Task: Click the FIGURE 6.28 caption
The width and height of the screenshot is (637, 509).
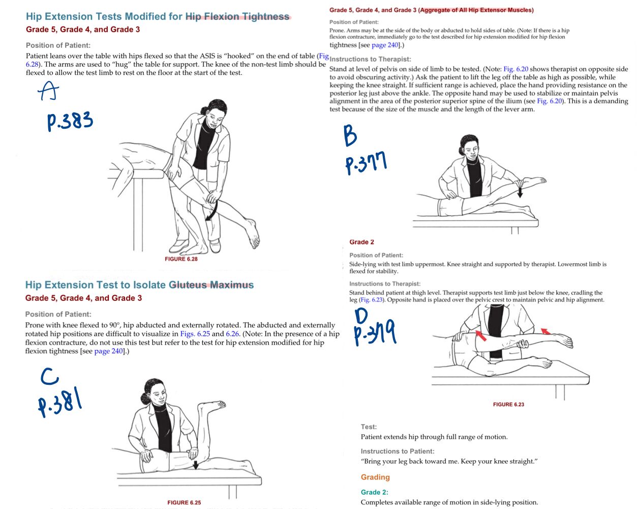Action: [x=181, y=259]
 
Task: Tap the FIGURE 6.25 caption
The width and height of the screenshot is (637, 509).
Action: [x=184, y=502]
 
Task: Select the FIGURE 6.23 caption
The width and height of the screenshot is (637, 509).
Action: [x=508, y=404]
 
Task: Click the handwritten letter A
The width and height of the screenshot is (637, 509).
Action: [x=48, y=91]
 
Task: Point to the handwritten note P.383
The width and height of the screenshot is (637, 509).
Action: [x=70, y=121]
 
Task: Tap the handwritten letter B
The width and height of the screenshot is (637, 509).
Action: [x=350, y=136]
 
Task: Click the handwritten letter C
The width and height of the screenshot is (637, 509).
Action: [x=49, y=376]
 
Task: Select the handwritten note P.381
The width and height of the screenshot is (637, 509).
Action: [x=60, y=402]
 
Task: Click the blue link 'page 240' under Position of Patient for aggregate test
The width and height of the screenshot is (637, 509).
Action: [x=385, y=45]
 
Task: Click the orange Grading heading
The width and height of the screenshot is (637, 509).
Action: [x=375, y=477]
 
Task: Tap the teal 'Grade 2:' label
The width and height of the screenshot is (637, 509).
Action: [x=374, y=492]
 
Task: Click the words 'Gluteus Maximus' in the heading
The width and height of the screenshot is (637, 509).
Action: [x=211, y=285]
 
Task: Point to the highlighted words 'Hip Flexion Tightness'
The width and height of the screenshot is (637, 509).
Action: [x=237, y=16]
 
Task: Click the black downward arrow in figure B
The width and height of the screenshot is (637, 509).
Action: [x=520, y=191]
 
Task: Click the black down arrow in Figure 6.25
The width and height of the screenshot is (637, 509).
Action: [x=195, y=465]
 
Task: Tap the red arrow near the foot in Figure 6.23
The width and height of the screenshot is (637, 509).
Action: [x=545, y=331]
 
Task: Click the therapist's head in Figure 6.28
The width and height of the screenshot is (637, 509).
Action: [x=216, y=112]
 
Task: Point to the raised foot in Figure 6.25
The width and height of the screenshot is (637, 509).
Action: [x=213, y=405]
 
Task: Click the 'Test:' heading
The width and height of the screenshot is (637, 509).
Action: [x=369, y=427]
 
